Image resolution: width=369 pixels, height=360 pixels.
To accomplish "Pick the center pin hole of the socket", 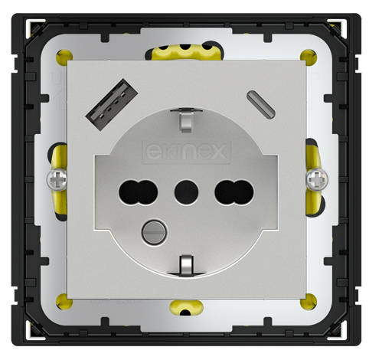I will pyautogui.click(x=184, y=189).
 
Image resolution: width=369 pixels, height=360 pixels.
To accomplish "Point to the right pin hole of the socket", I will pyautogui.click(x=229, y=189).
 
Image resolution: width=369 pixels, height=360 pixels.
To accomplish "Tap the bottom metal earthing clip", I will pyautogui.click(x=185, y=264).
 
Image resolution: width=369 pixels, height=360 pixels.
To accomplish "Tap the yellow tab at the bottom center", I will pyautogui.click(x=185, y=307).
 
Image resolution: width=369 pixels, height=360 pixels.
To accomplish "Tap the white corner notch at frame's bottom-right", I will pyautogui.click(x=337, y=331).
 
